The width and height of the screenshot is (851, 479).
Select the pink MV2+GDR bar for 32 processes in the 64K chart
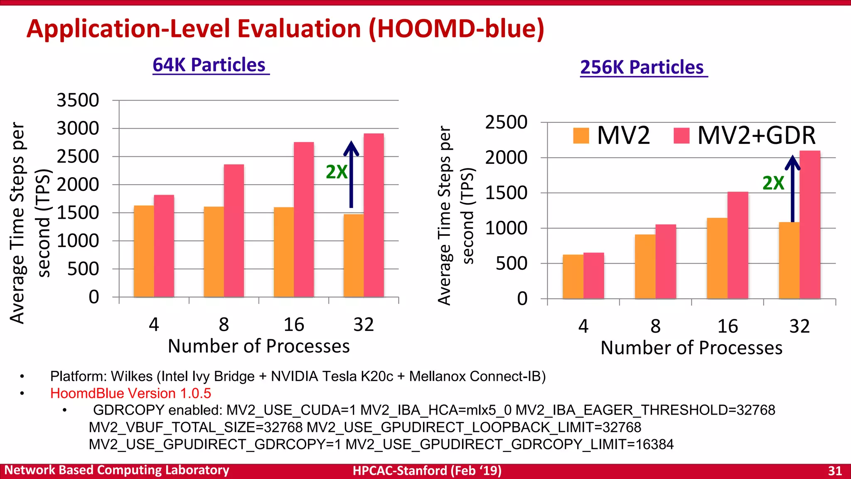(374, 216)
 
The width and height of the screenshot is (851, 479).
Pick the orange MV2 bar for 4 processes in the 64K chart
(144, 252)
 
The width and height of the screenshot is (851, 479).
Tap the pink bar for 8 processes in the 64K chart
(234, 231)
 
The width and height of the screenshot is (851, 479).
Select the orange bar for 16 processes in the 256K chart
(717, 259)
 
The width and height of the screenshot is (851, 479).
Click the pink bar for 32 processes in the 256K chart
(810, 225)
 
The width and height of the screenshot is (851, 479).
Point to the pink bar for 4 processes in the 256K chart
(593, 276)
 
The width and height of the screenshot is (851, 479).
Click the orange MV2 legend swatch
(581, 136)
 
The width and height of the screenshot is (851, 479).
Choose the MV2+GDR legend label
(756, 136)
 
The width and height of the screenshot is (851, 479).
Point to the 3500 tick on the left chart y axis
(78, 101)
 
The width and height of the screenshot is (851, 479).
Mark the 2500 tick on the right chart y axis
(506, 123)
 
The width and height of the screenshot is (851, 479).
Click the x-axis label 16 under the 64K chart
(294, 325)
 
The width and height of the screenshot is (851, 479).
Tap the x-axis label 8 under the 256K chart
(655, 326)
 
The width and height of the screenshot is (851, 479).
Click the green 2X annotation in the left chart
(336, 172)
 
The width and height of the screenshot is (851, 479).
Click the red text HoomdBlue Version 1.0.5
(130, 393)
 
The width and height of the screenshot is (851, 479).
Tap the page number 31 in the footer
(835, 471)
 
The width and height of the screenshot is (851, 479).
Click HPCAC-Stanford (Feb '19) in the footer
(427, 471)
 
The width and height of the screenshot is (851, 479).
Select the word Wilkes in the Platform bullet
(132, 376)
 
